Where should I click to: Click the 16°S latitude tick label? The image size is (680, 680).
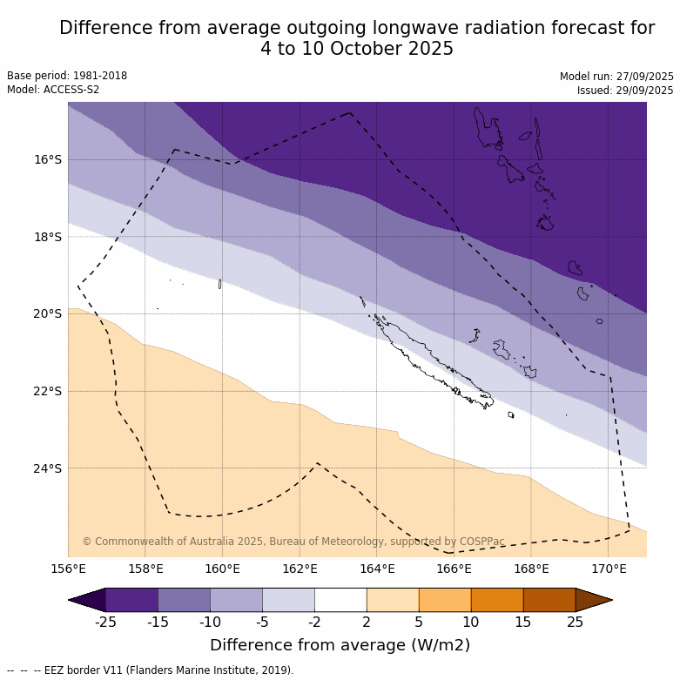pos(48,159)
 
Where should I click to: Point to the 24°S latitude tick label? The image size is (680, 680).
pos(48,468)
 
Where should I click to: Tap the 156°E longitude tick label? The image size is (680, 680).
pos(68,569)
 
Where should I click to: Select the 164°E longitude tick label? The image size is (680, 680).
pos(377,569)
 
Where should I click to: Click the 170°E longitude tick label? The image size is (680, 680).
pos(609,569)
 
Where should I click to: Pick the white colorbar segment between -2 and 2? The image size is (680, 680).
pos(340,600)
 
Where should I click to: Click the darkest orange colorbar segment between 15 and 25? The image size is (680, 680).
pos(549,600)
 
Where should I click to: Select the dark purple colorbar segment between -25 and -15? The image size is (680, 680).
pos(131,600)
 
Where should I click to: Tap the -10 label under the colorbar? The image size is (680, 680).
pos(210,622)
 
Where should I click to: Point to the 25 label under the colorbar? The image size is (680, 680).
pos(576,622)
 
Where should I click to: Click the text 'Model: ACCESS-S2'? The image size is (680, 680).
pos(53,90)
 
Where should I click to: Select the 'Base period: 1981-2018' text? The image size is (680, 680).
pos(67,76)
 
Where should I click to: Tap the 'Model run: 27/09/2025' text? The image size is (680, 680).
pos(616,77)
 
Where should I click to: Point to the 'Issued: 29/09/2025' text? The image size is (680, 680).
pos(625,91)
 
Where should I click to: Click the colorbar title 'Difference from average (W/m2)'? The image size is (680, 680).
pos(340,645)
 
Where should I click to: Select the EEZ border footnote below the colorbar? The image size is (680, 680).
pos(151,670)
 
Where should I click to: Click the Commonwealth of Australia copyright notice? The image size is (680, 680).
pos(293,542)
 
